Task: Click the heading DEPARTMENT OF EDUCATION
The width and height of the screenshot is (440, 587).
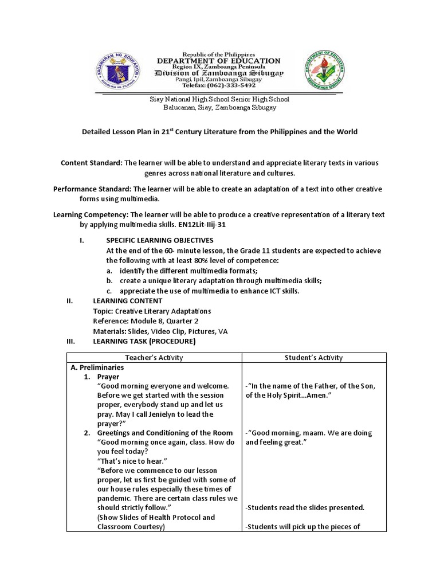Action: pos(219,61)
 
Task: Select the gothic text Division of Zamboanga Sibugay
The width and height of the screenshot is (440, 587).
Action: pos(219,73)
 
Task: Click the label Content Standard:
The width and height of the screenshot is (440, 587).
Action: pos(91,163)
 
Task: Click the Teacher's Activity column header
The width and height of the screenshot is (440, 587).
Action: pos(154,358)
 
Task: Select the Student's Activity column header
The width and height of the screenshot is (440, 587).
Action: pos(313,358)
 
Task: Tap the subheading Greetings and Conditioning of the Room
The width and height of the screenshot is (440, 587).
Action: pos(165,433)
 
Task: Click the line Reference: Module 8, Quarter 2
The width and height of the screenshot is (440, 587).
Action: pos(146,321)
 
